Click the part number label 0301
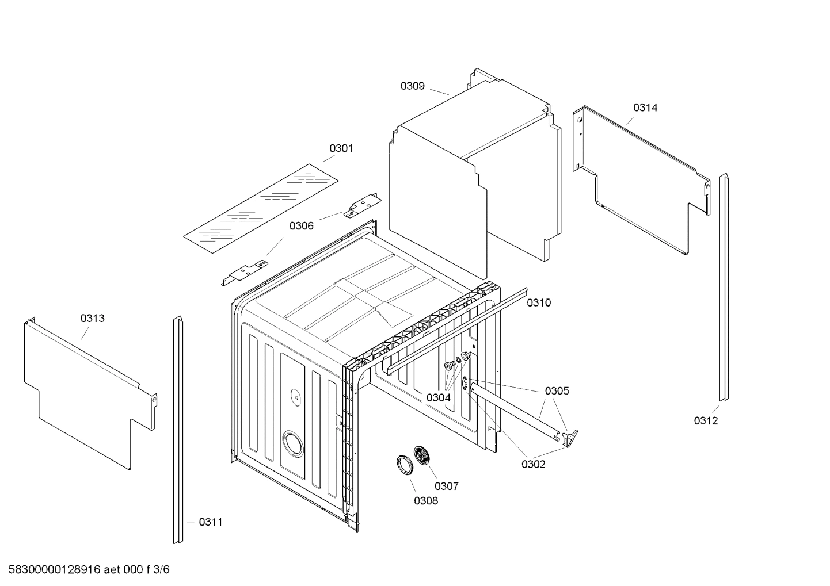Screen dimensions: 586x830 (x=341, y=148)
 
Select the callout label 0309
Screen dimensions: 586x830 (x=412, y=86)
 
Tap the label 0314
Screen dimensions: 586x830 (x=645, y=108)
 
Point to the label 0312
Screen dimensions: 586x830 (x=705, y=421)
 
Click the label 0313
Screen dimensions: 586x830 (x=92, y=319)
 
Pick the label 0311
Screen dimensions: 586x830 (x=210, y=522)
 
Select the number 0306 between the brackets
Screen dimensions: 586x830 (x=301, y=226)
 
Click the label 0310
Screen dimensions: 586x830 (x=538, y=303)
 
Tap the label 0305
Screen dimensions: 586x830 (x=557, y=391)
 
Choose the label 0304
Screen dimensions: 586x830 (x=438, y=397)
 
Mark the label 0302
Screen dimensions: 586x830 (x=533, y=465)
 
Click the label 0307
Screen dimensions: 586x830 (x=446, y=487)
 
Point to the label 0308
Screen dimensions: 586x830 (x=425, y=501)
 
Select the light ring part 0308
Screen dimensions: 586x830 (x=404, y=464)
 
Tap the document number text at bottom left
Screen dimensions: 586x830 (x=86, y=570)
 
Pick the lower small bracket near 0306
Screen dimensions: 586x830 (x=245, y=272)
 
